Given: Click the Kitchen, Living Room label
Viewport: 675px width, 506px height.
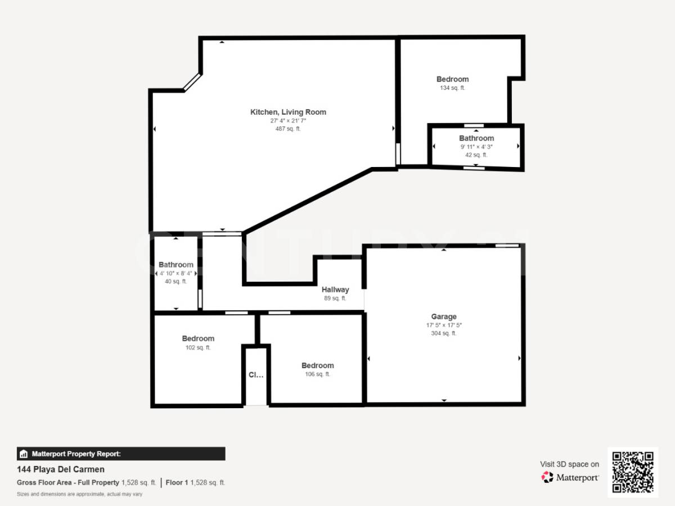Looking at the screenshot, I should point(288,112).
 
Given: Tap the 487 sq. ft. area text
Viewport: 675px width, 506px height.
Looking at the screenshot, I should point(288,129).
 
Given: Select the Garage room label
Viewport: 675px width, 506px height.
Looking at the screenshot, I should point(444,317).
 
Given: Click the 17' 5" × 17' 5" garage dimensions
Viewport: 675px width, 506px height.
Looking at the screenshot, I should point(444,325).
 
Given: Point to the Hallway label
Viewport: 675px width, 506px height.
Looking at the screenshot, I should point(335,290).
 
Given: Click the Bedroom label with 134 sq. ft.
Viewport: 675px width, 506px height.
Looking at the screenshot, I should point(452,79).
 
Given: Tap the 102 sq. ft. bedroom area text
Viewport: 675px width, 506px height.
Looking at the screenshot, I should point(198,347).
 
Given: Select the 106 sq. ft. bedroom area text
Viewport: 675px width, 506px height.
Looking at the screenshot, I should point(317,374).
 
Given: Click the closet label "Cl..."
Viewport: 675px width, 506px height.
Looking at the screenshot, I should point(256,375).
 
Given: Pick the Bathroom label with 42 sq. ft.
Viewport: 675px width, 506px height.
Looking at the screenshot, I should point(476,138).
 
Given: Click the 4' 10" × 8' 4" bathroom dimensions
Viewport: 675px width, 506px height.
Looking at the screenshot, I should point(176,273).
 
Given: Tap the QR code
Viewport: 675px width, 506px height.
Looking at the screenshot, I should point(633,472).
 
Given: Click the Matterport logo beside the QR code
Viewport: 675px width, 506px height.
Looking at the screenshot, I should point(570,477).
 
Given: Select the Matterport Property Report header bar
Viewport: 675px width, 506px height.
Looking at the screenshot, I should point(121,454).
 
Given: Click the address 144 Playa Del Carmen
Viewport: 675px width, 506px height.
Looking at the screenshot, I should point(61,469).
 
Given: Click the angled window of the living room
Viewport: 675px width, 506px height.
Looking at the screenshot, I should point(192,82).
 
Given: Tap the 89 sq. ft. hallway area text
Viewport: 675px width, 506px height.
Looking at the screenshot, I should point(335,299).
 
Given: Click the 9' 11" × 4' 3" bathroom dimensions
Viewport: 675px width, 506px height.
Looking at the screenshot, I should point(476,147).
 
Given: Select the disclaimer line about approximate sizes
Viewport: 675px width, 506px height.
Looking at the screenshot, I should point(79,494).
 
